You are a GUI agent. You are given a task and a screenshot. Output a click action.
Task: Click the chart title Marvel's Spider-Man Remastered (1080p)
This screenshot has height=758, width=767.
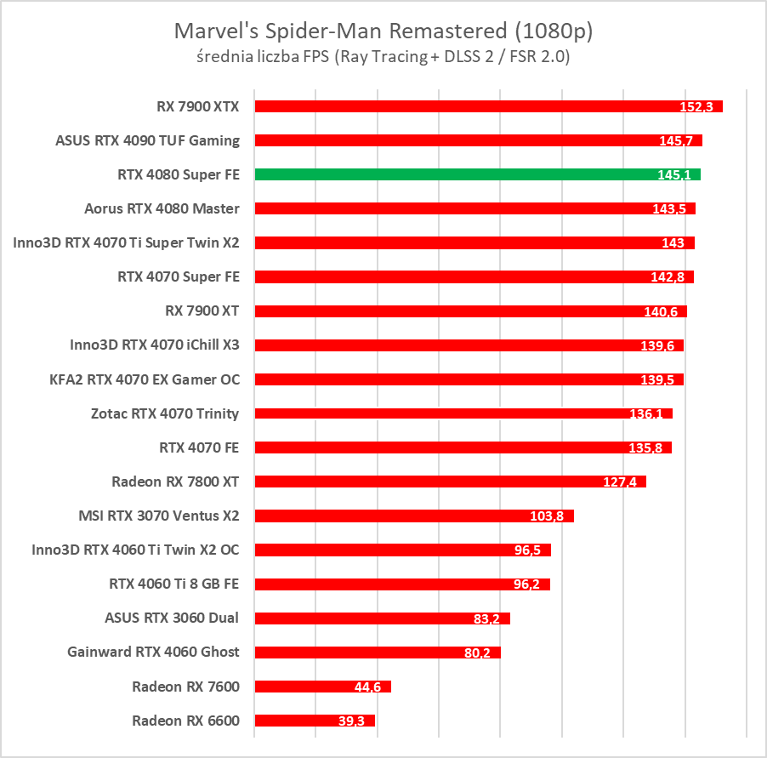tap(383, 32)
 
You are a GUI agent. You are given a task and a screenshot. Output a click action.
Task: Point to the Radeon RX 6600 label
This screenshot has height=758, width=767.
tap(185, 721)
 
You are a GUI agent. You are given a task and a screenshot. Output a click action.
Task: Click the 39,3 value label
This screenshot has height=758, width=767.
tap(351, 721)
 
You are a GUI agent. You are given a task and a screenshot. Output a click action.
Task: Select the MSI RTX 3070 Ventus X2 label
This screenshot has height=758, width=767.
tap(159, 516)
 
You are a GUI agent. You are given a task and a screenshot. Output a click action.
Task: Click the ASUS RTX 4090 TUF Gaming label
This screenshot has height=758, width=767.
tap(148, 140)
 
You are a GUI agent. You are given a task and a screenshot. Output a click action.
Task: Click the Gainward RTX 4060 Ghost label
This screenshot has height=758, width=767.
tap(153, 652)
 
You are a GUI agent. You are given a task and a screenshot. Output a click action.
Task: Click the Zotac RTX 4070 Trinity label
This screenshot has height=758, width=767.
tap(165, 413)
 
